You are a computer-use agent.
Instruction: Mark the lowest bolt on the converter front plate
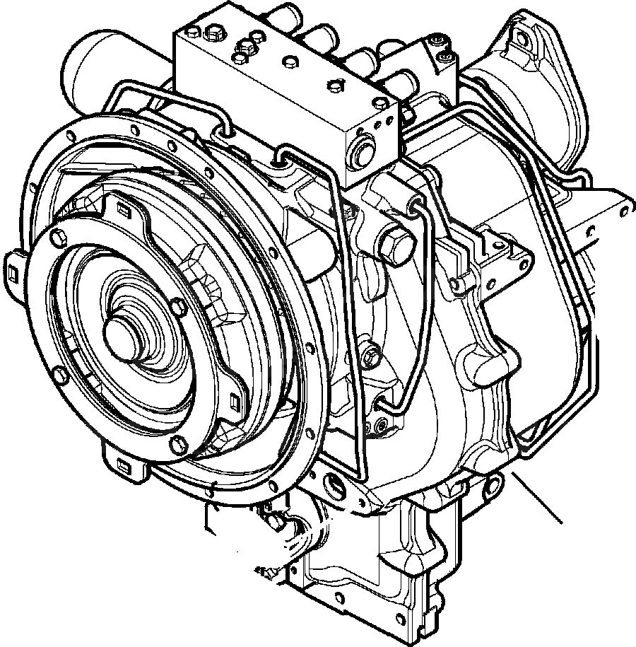coord(177,444)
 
